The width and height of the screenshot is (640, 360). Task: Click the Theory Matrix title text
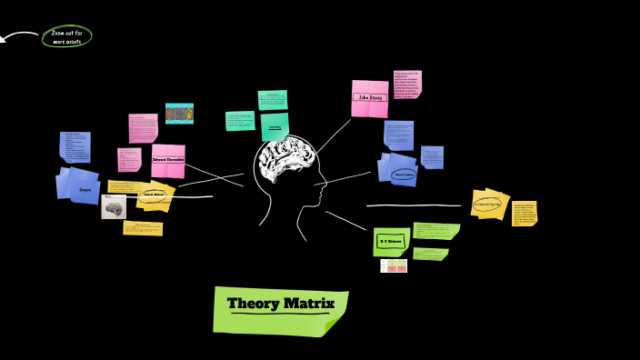click(281, 304)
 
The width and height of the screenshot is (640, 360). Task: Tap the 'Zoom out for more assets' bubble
click(66, 37)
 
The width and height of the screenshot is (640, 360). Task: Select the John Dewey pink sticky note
click(370, 98)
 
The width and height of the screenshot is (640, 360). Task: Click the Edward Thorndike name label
click(168, 159)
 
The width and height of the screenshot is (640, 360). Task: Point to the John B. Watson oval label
click(155, 195)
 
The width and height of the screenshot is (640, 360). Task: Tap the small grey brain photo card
click(114, 208)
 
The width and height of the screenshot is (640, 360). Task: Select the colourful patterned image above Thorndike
click(179, 114)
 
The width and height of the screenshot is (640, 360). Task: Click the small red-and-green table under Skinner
click(394, 265)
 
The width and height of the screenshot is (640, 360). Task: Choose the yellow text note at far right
click(525, 213)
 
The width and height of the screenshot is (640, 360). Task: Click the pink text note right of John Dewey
click(406, 85)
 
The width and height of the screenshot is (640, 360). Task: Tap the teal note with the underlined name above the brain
click(275, 127)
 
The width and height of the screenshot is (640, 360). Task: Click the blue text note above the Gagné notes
click(75, 146)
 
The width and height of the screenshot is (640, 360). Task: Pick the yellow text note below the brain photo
click(143, 227)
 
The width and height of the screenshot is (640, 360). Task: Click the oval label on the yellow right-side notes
click(488, 204)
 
